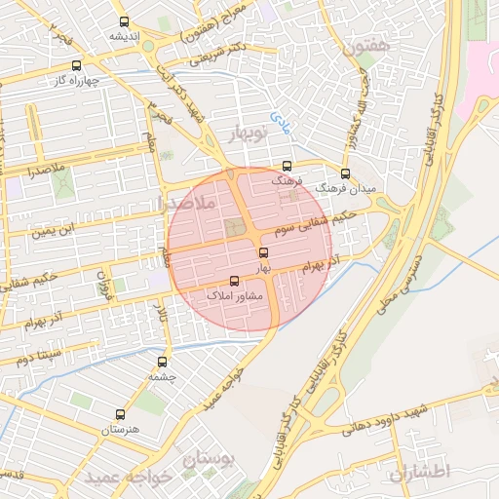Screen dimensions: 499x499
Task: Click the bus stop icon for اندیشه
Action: coord(124,21)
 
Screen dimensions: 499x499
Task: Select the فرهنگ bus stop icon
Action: coord(287,166)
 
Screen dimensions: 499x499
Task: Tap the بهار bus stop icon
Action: coord(263,252)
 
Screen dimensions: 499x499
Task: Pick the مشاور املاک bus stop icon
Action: coord(232,282)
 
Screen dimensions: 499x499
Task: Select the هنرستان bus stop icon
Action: coord(120,413)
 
